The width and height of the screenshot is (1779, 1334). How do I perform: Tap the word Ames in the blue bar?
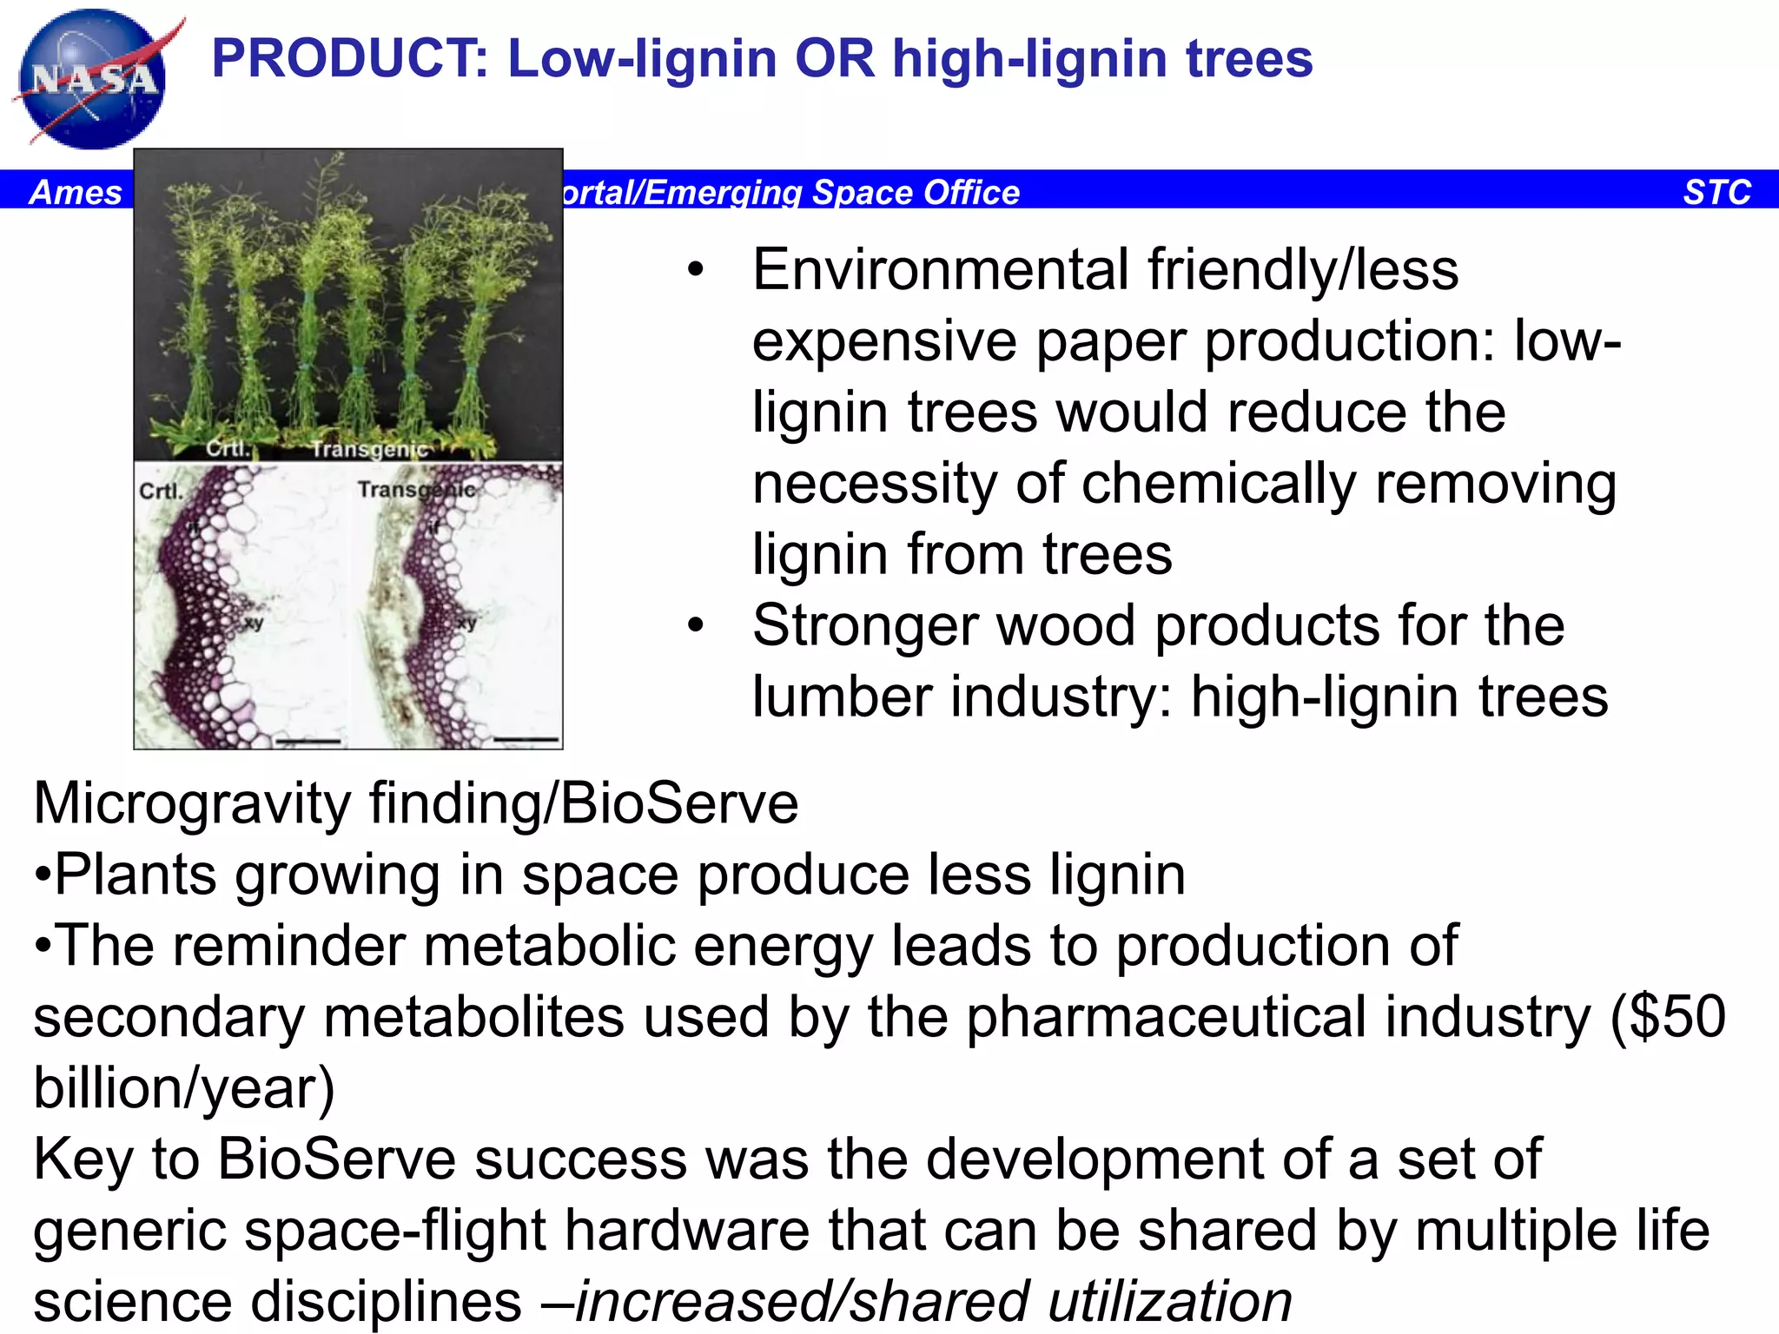pyautogui.click(x=76, y=192)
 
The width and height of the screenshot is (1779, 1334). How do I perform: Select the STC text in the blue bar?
pyautogui.click(x=1716, y=192)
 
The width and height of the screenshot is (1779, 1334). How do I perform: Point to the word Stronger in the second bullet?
pyautogui.click(x=863, y=625)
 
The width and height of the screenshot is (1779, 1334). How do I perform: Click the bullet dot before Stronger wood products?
pyautogui.click(x=695, y=625)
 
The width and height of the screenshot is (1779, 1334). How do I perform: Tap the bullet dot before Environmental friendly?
pyautogui.click(x=695, y=270)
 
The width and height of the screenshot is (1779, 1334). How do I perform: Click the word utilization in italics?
pyautogui.click(x=1169, y=1301)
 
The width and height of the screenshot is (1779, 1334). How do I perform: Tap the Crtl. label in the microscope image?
pyautogui.click(x=162, y=492)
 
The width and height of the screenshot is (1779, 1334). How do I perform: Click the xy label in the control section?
pyautogui.click(x=254, y=623)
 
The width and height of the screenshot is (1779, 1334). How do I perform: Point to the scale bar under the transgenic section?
pyautogui.click(x=526, y=739)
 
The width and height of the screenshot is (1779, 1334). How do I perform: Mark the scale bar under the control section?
pyautogui.click(x=308, y=741)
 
